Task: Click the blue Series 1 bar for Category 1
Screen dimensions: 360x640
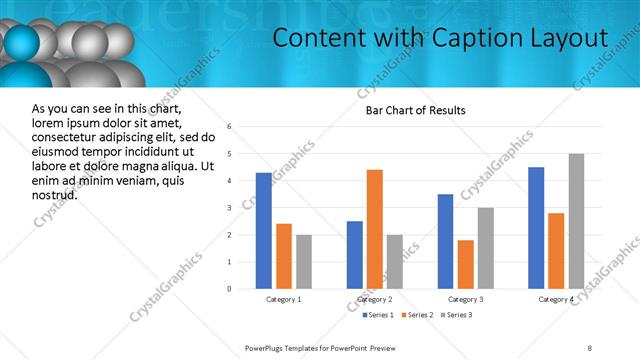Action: [x=263, y=231]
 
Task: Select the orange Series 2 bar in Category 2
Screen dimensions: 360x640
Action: [x=375, y=229]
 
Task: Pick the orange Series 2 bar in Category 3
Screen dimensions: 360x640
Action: [x=465, y=264]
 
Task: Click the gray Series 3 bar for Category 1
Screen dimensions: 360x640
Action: [x=303, y=262]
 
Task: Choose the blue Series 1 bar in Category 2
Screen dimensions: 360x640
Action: [x=355, y=255]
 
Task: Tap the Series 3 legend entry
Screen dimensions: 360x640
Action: [x=455, y=315]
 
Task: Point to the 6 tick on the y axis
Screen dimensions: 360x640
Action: [x=230, y=127]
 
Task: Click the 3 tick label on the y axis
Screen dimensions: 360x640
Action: [x=230, y=208]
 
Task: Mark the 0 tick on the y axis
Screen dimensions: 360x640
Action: [x=230, y=289]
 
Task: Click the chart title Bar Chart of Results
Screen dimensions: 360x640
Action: [x=416, y=109]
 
